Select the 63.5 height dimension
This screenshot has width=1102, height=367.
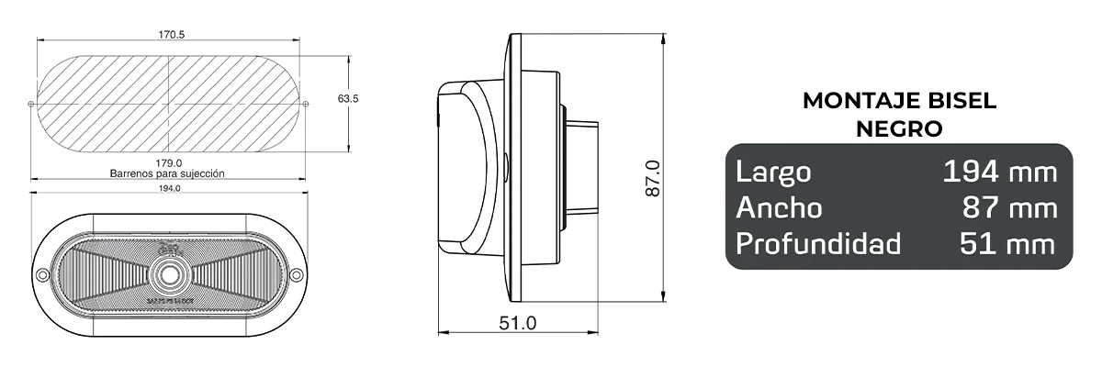click(348, 98)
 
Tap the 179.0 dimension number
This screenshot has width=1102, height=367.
click(169, 162)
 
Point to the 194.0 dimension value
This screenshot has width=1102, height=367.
click(169, 188)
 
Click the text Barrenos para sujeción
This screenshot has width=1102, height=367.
click(167, 172)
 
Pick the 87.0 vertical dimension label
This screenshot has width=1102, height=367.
click(652, 180)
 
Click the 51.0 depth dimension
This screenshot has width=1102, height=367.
click(517, 323)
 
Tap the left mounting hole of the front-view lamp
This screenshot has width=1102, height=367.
click(41, 275)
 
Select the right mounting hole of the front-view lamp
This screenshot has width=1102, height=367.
click(296, 275)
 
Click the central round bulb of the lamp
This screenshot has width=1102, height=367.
click(168, 274)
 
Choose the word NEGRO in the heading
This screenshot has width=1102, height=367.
click(899, 129)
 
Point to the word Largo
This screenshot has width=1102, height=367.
click(773, 172)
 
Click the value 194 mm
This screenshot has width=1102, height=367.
click(1000, 172)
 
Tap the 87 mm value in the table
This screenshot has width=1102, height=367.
click(1009, 208)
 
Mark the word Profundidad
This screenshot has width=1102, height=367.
click(817, 244)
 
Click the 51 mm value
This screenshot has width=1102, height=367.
click(1008, 244)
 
